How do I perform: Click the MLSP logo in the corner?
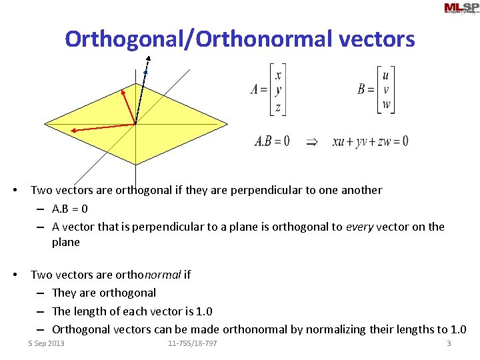(460, 8)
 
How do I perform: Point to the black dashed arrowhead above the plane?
(148, 59)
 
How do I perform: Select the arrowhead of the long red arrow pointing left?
(74, 131)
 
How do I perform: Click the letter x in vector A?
(278, 75)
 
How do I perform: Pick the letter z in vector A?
(277, 105)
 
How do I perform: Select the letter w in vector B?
(386, 105)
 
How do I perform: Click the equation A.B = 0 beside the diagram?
(272, 141)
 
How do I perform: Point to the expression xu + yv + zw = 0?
(370, 141)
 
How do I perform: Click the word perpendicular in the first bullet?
(257, 190)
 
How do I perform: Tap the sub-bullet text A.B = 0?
(70, 209)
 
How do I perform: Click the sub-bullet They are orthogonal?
(104, 293)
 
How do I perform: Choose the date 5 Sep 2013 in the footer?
(46, 343)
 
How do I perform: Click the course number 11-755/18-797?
(193, 343)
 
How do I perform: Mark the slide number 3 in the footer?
(449, 343)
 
